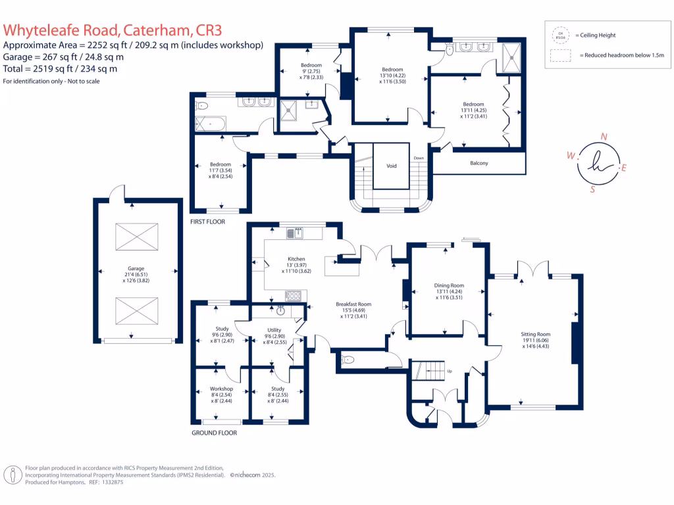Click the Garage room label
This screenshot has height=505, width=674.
[136, 268]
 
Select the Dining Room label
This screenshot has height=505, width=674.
[450, 285]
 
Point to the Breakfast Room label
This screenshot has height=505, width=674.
[353, 304]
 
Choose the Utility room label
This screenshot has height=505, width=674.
[274, 330]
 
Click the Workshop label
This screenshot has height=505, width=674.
[222, 389]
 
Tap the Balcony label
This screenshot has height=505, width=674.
[479, 163]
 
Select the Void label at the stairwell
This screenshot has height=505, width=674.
[392, 166]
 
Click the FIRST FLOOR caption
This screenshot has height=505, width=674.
[207, 222]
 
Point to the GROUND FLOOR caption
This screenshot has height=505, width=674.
[214, 433]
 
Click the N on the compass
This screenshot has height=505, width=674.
[604, 137]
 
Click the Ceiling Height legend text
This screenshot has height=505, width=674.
[597, 35]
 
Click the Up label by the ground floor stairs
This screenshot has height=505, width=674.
[450, 372]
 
